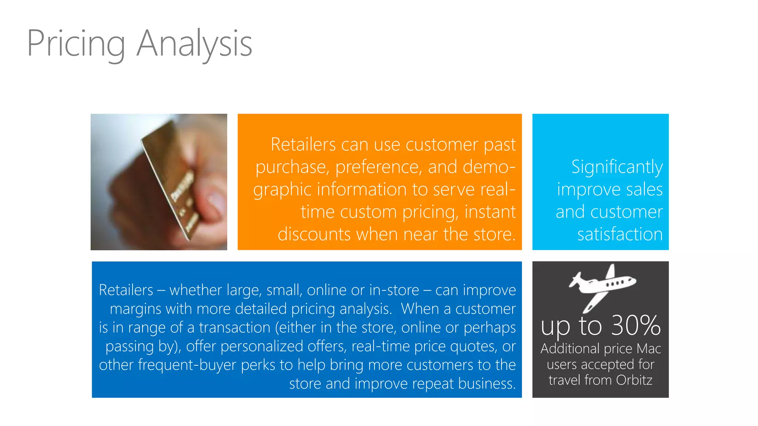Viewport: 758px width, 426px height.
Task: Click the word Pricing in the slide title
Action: click(x=76, y=44)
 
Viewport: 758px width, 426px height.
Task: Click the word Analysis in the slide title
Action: click(x=194, y=44)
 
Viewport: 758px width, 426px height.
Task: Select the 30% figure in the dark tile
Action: click(x=636, y=326)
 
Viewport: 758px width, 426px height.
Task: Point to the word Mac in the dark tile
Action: click(x=648, y=348)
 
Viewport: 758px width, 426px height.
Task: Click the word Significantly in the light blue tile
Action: click(x=617, y=167)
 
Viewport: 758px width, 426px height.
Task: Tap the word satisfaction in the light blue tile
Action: click(x=620, y=234)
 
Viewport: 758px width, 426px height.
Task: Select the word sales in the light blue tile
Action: click(x=644, y=189)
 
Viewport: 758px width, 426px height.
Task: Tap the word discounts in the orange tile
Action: click(x=314, y=234)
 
